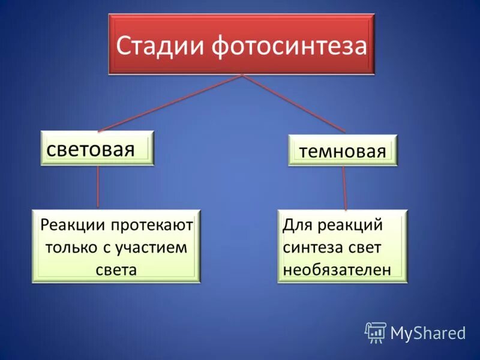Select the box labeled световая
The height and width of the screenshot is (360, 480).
click(x=97, y=148)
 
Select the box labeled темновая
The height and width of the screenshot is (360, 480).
click(x=343, y=150)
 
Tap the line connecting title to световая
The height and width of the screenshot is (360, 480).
click(x=170, y=103)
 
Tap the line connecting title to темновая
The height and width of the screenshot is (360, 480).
click(x=294, y=103)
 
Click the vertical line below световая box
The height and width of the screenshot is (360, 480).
click(x=98, y=187)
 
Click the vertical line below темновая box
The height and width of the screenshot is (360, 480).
click(x=344, y=188)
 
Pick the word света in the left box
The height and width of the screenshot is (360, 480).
click(x=116, y=269)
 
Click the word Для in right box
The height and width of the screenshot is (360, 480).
click(x=295, y=226)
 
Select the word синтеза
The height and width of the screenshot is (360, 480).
click(x=310, y=247)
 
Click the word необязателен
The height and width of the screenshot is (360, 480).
click(x=337, y=269)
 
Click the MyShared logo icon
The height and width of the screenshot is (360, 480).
click(x=376, y=332)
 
